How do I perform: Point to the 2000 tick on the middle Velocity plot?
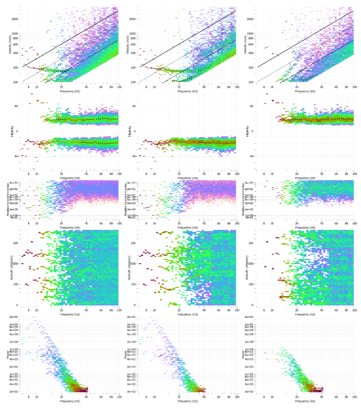pyautogui.click(x=133, y=19)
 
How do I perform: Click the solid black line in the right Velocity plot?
pyautogui.click(x=303, y=41)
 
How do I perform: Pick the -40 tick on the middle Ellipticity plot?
pyautogui.click(x=134, y=156)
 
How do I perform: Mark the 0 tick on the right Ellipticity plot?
pyautogui.click(x=254, y=131)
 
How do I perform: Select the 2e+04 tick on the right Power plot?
pyautogui.click(x=249, y=341)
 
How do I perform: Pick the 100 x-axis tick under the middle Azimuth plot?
pyautogui.click(x=236, y=309)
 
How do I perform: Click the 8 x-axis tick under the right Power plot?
pyautogui.click(x=265, y=396)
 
